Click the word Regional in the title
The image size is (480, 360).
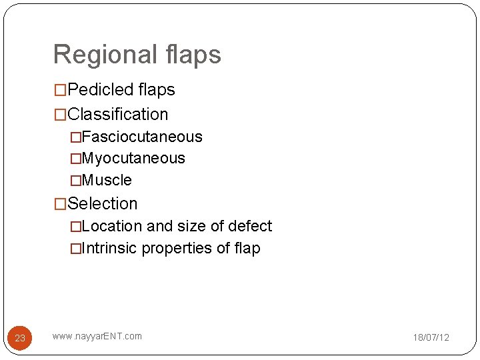coord(104,55)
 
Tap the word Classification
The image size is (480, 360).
coord(117,114)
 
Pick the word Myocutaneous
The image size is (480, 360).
coord(133,158)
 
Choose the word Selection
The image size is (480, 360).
coord(103,203)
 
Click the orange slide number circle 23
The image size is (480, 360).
coord(20,338)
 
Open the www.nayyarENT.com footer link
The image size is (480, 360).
coord(97,336)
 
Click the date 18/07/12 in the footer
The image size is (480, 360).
coord(431,337)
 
